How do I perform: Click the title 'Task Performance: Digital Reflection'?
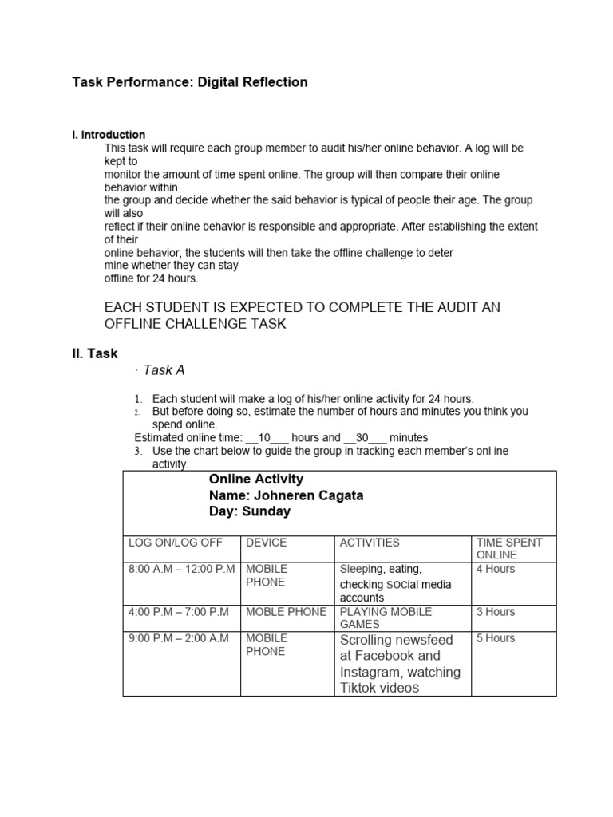click(189, 82)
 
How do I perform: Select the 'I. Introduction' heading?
click(109, 135)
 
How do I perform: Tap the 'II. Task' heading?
click(95, 353)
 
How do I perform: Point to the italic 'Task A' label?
click(164, 370)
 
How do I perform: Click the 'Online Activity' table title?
click(255, 479)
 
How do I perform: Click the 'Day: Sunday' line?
click(249, 511)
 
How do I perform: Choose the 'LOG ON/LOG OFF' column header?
click(175, 543)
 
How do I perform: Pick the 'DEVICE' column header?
click(266, 543)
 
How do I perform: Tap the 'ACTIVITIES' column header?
click(370, 543)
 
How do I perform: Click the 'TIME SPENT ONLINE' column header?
click(508, 548)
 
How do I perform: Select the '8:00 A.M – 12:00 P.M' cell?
click(181, 570)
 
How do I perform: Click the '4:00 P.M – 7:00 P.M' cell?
click(178, 612)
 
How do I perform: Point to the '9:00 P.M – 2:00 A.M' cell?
click(178, 638)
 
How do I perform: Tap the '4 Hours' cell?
click(496, 570)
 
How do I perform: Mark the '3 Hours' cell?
click(496, 612)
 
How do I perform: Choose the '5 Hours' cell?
click(496, 638)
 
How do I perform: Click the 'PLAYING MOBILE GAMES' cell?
click(386, 618)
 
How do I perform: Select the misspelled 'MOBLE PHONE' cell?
click(286, 612)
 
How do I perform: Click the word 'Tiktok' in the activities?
click(358, 688)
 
